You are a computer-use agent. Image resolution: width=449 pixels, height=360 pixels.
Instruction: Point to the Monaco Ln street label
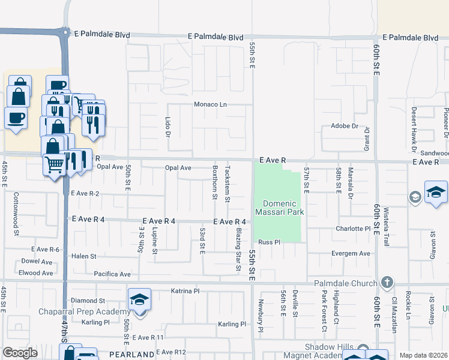[210, 104]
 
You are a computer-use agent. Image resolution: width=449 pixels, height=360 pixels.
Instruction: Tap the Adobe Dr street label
[344, 127]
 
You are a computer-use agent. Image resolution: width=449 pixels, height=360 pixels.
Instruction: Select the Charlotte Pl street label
[353, 229]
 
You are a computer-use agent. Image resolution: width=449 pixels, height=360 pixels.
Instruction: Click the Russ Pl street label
[270, 242]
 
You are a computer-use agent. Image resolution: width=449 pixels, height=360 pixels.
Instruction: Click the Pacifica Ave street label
[112, 274]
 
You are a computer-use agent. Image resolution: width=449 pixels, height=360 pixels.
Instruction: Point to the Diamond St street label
[88, 301]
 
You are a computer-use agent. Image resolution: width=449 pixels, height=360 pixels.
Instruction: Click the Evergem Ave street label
[351, 254]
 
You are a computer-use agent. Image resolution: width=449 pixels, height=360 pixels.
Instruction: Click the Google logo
[20, 352]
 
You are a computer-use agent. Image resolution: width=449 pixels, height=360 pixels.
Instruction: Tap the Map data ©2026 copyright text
[423, 355]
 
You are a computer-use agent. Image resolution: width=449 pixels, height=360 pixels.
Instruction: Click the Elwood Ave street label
[36, 273]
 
